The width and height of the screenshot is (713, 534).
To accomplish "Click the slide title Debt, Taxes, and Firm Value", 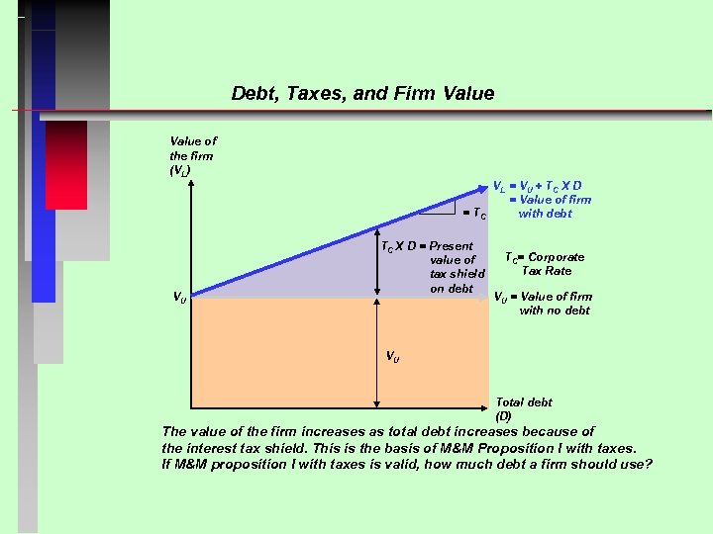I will [x=362, y=94].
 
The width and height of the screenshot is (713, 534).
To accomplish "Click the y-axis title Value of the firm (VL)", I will [x=192, y=156].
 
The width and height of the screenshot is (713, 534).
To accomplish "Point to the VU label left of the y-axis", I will [x=178, y=297].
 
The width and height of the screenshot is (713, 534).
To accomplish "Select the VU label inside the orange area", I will [x=393, y=357].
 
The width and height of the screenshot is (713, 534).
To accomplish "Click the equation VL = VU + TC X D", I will [x=538, y=185].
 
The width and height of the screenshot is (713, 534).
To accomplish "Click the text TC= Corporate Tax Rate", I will [x=546, y=264].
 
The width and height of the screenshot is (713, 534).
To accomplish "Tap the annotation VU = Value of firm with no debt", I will [x=544, y=303].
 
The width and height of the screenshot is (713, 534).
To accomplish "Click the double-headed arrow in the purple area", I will [x=376, y=267].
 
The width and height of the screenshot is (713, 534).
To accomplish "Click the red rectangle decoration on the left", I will [x=66, y=163].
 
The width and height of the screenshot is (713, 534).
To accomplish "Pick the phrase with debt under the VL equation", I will [x=545, y=214].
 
